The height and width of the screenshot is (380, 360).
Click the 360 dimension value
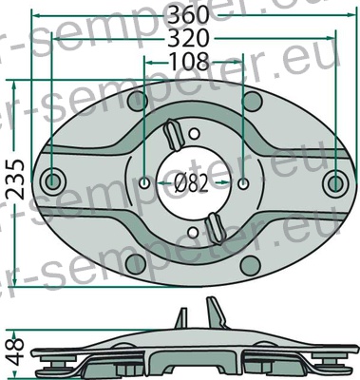189,15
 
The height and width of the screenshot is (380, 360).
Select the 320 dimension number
189,38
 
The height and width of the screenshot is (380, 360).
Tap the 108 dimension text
189,62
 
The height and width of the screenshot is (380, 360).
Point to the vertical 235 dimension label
15,180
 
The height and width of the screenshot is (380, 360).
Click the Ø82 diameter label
191,183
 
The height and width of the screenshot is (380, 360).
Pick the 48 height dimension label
15,351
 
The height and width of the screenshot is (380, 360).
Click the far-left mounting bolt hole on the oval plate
52,181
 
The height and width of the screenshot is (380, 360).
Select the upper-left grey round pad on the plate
137,101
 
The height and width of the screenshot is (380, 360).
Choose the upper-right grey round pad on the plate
253,102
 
